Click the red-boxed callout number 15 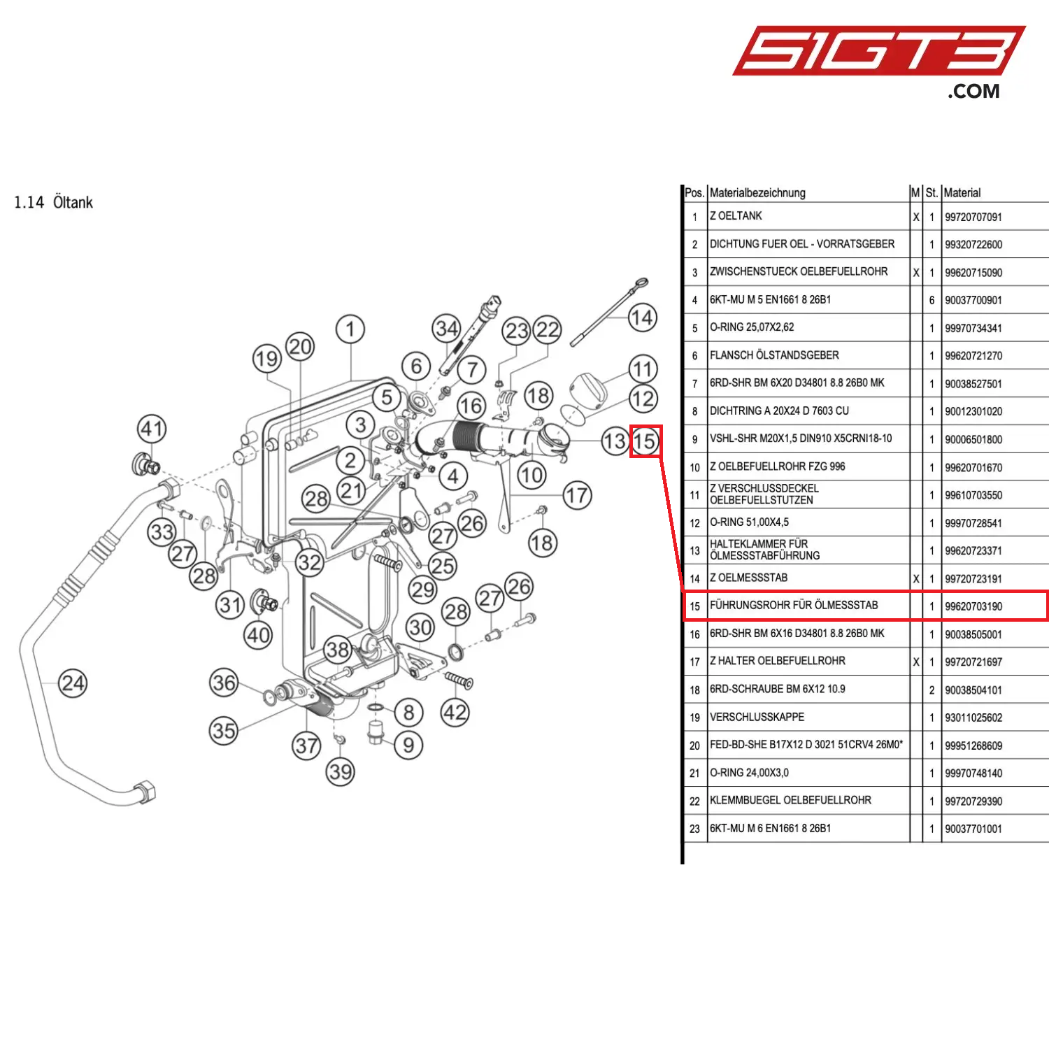[x=645, y=441]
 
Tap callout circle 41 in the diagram [x=152, y=429]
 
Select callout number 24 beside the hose [x=73, y=683]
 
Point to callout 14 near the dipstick [x=641, y=318]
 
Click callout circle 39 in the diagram [x=341, y=772]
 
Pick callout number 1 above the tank [x=350, y=329]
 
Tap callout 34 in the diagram [x=447, y=328]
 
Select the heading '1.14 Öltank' [x=54, y=203]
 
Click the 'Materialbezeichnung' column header [x=757, y=193]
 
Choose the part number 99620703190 [x=973, y=606]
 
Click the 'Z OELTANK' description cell [x=736, y=216]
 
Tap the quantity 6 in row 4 [x=932, y=300]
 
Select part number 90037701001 [x=973, y=829]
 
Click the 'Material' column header [x=962, y=193]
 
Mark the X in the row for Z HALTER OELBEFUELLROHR [x=916, y=662]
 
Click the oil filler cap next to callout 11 [x=591, y=387]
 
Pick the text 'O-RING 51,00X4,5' [x=749, y=522]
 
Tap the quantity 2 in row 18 [x=932, y=690]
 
